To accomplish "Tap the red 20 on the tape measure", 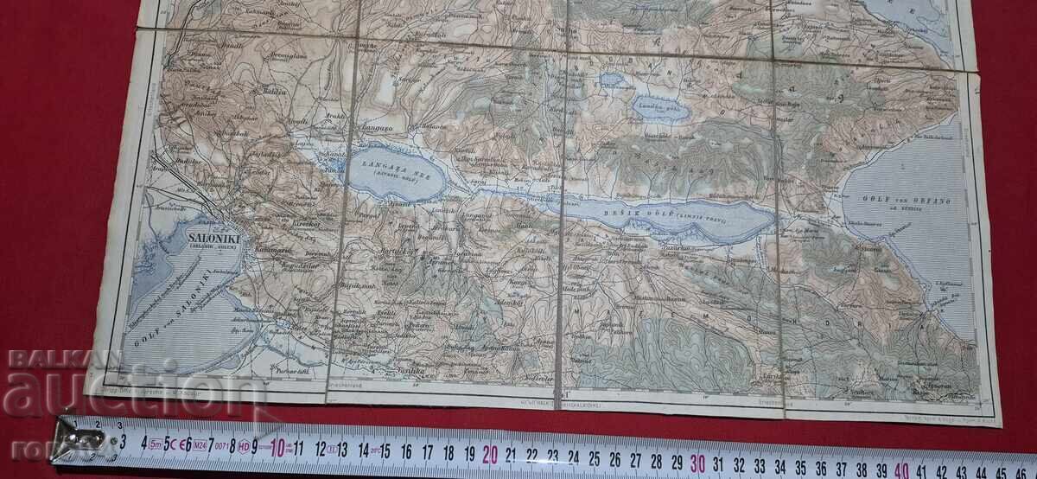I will pyautogui.click(x=491, y=453).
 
